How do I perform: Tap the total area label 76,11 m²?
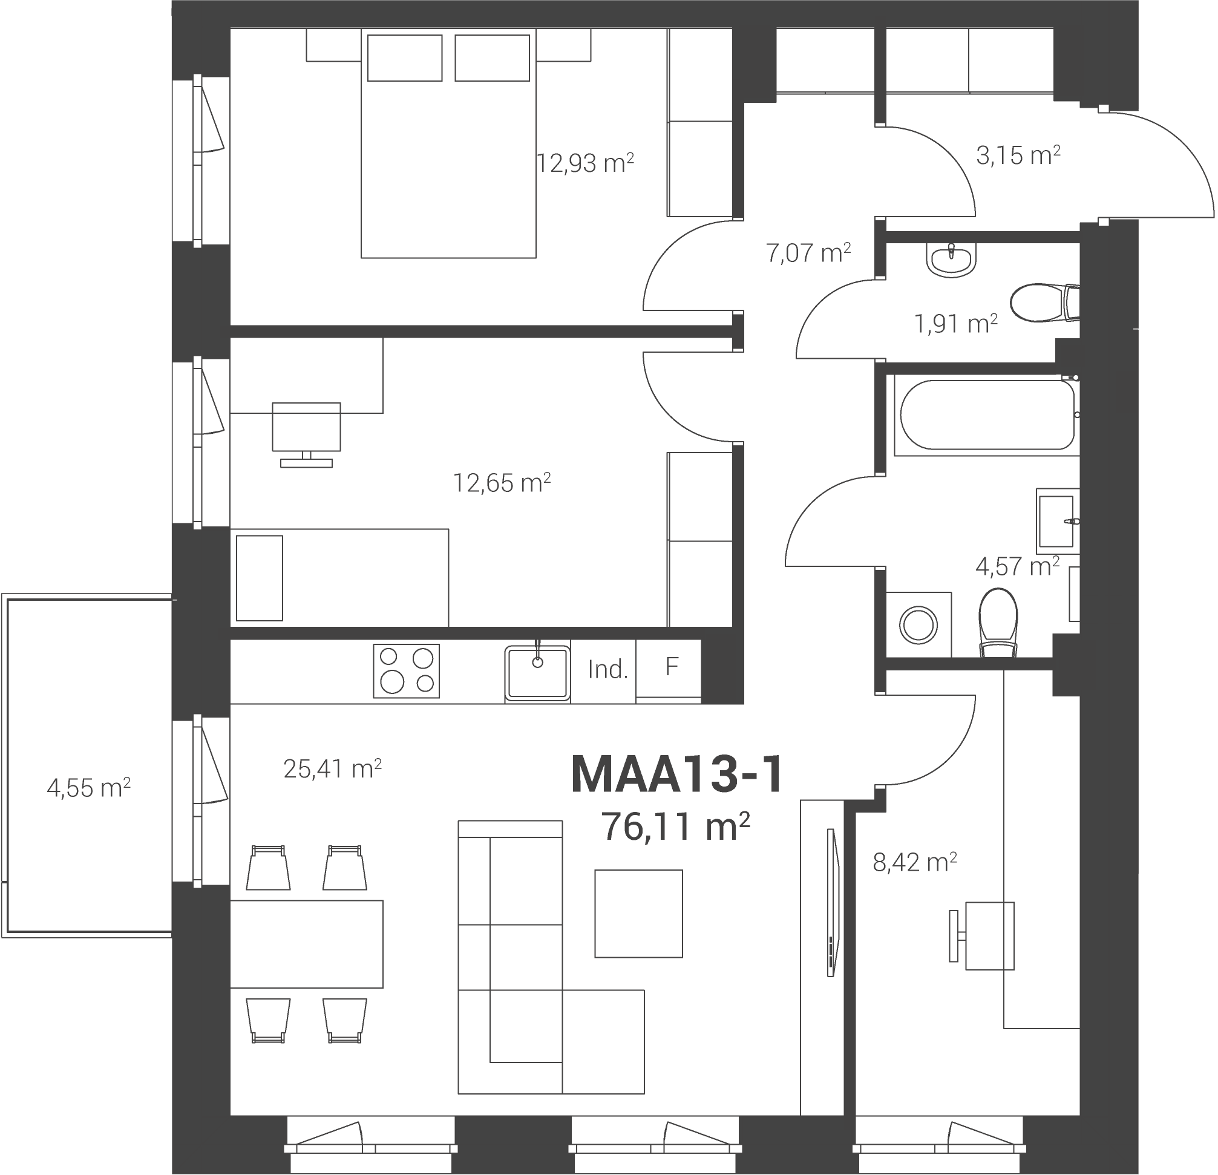(675, 826)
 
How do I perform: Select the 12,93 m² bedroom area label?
(585, 163)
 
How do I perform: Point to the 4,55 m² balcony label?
(89, 788)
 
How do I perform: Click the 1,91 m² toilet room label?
(956, 324)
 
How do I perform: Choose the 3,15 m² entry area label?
(1018, 155)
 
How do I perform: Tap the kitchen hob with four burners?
(407, 671)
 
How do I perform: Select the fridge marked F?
(669, 669)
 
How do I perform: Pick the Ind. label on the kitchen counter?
(607, 670)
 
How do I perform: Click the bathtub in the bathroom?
(987, 414)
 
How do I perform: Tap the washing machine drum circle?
(919, 625)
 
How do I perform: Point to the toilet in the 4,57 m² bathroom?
(998, 623)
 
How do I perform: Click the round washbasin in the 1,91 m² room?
(951, 259)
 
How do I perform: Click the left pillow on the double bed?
(405, 58)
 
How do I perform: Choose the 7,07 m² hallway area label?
(808, 253)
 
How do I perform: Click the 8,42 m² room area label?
(915, 862)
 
